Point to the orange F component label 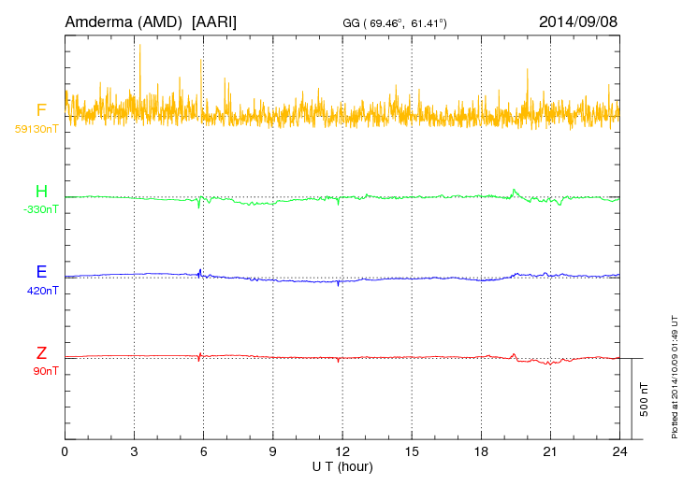click(41, 111)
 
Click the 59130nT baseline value click(36, 127)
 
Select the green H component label click(41, 193)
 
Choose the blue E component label click(41, 273)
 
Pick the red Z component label click(41, 353)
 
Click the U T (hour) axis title click(342, 465)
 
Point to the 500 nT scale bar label click(645, 399)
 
